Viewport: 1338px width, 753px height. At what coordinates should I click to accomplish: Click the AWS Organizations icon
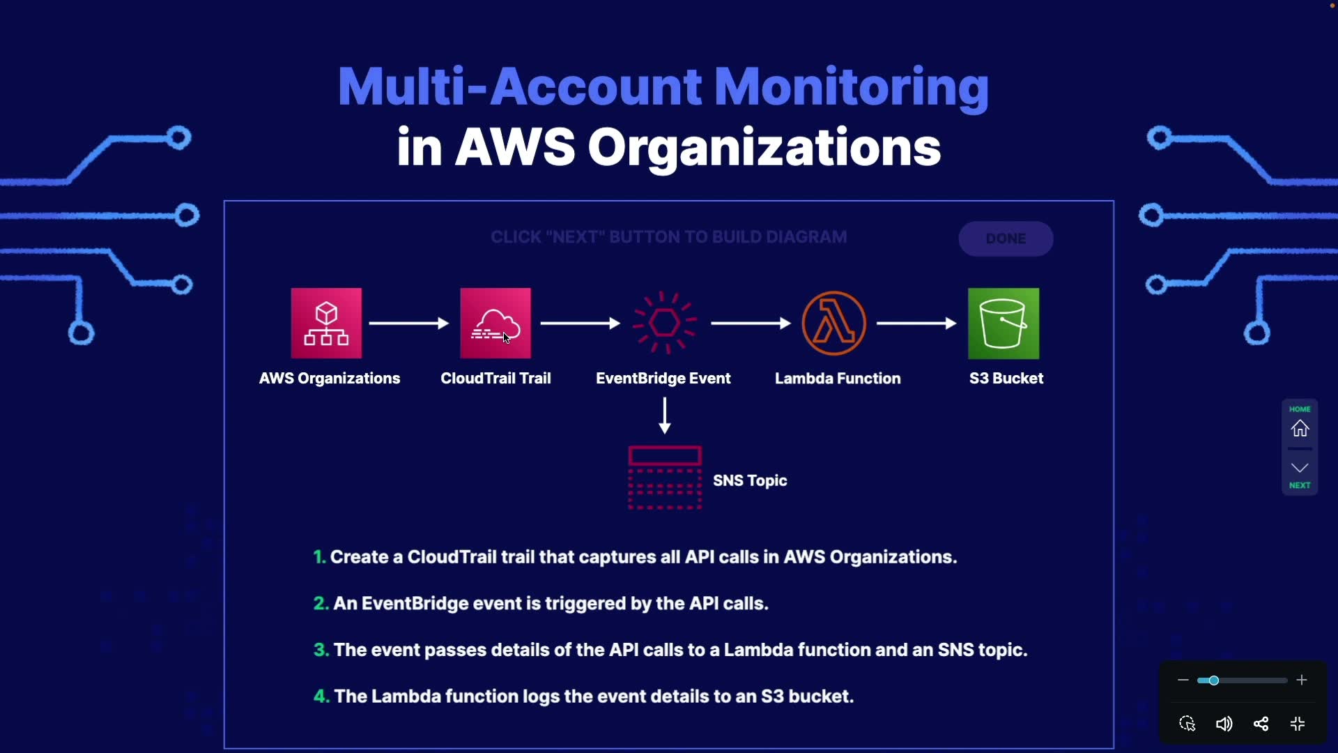pyautogui.click(x=326, y=323)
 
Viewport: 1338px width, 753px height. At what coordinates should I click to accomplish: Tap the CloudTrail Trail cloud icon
pyautogui.click(x=495, y=323)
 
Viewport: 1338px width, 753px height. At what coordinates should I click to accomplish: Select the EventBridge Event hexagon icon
pyautogui.click(x=664, y=323)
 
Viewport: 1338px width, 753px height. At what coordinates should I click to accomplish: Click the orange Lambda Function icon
pyautogui.click(x=834, y=323)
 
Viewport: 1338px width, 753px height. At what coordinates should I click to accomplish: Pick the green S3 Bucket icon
pyautogui.click(x=1003, y=323)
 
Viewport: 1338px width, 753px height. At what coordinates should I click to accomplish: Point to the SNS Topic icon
pyautogui.click(x=665, y=478)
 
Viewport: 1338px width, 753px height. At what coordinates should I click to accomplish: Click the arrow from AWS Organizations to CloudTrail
pyautogui.click(x=409, y=324)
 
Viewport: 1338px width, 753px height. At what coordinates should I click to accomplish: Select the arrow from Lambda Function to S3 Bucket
pyautogui.click(x=916, y=324)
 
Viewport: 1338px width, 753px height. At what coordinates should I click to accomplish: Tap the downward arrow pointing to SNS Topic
pyautogui.click(x=665, y=416)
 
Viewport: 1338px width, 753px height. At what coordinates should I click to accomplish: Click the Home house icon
pyautogui.click(x=1300, y=428)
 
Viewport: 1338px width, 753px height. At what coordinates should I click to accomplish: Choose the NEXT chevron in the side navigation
pyautogui.click(x=1300, y=468)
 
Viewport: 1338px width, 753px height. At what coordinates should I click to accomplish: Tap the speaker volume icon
pyautogui.click(x=1224, y=724)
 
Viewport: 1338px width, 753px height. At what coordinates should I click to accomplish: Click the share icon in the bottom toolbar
pyautogui.click(x=1261, y=724)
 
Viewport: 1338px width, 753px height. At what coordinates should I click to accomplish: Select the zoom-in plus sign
pyautogui.click(x=1302, y=680)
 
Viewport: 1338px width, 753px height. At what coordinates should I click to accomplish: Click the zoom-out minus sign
pyautogui.click(x=1183, y=680)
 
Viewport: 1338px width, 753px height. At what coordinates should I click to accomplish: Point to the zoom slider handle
pyautogui.click(x=1213, y=680)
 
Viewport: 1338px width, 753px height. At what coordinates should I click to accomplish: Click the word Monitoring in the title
pyautogui.click(x=851, y=87)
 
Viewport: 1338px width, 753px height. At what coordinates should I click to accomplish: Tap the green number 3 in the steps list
pyautogui.click(x=321, y=650)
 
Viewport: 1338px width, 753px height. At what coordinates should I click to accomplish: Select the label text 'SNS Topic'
pyautogui.click(x=750, y=480)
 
